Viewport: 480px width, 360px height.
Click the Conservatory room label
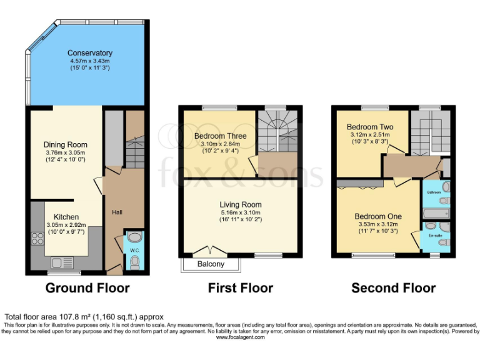pos(90,53)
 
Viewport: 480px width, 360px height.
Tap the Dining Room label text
pos(65,144)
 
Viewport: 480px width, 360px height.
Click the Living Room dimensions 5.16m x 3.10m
pos(240,213)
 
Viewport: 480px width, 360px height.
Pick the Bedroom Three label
pos(220,136)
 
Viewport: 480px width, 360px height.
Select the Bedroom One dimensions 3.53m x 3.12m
pos(377,225)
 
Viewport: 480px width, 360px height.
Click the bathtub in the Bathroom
pos(432,214)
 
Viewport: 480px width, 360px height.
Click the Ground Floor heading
pos(87,288)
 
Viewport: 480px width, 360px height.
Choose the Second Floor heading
pos(393,288)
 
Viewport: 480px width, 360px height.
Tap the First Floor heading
pos(241,288)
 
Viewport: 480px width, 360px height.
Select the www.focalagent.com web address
pos(240,337)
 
